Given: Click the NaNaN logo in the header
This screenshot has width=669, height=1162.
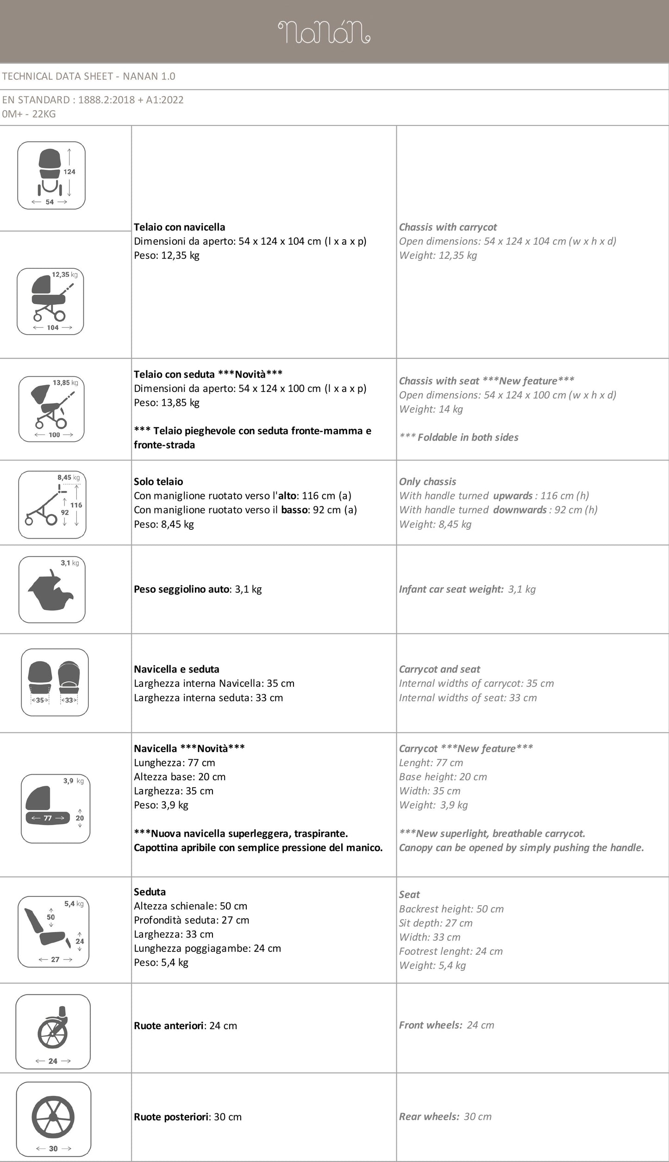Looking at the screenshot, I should [x=324, y=32].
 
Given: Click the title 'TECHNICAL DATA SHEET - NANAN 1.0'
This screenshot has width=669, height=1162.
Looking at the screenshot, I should [x=88, y=76].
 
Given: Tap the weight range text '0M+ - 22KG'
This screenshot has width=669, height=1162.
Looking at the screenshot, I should [x=29, y=114].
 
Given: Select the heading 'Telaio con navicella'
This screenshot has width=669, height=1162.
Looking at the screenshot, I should [x=180, y=227].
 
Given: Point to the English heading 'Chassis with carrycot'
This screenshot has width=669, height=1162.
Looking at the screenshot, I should [x=448, y=227].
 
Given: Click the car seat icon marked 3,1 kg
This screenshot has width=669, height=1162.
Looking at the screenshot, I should [x=52, y=589].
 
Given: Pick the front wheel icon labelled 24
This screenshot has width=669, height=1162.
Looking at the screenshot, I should [x=53, y=1032].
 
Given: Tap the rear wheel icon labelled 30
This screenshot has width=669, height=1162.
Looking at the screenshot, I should [x=53, y=1119].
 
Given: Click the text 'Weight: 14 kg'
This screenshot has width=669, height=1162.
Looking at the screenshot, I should [x=431, y=409].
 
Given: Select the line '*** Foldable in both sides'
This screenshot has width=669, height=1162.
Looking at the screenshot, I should [x=458, y=437].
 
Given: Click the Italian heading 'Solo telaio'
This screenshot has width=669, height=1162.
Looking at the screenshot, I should [x=158, y=482].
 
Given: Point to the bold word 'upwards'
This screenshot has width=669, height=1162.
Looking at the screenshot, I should [x=513, y=496].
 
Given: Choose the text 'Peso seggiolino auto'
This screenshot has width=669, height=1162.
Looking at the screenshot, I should [x=181, y=590].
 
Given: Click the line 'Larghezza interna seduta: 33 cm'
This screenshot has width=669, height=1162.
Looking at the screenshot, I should [x=208, y=698].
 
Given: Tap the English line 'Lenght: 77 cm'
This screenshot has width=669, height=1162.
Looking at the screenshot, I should [x=431, y=763].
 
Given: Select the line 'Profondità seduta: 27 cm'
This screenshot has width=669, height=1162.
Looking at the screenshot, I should [x=191, y=920].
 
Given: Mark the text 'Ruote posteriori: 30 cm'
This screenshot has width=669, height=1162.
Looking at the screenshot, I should [x=188, y=1117].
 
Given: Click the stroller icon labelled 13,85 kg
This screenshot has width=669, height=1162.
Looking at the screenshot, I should [x=51, y=409].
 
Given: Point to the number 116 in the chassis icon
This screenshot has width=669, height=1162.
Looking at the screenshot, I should [x=76, y=505].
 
